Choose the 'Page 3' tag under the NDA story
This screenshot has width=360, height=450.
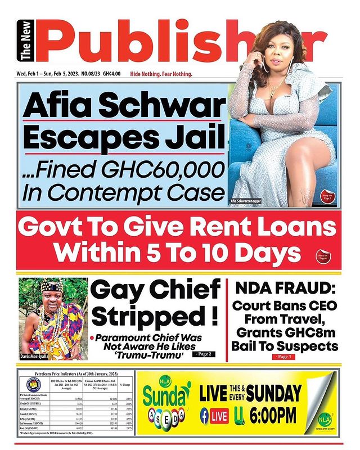285,357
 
